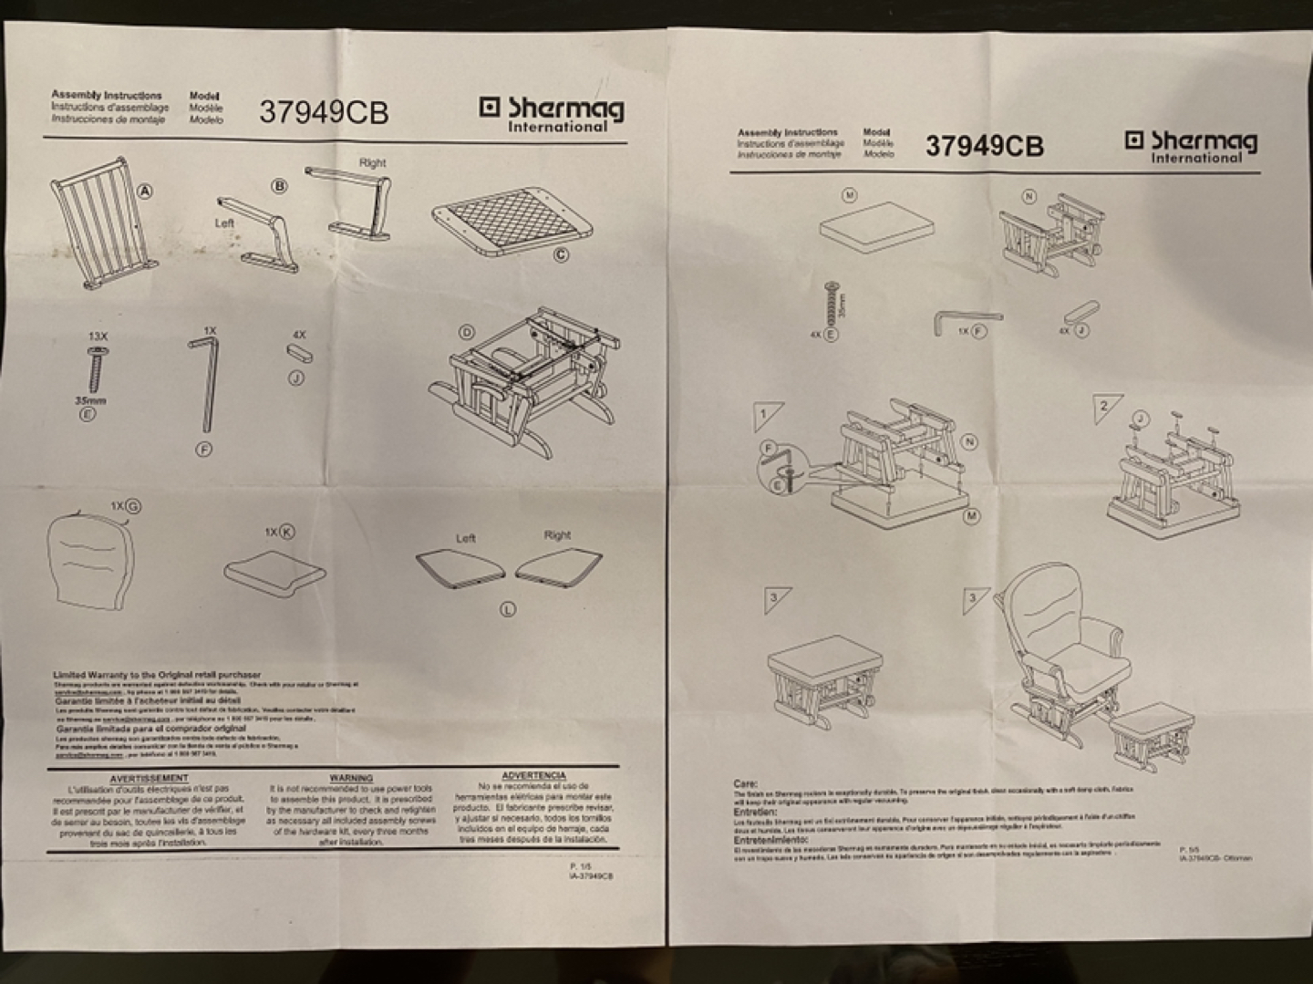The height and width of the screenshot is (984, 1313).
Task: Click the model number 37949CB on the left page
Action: click(x=324, y=112)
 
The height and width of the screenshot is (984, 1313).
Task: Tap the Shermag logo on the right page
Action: click(x=1191, y=145)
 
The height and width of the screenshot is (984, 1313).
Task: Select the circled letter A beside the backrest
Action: click(x=144, y=191)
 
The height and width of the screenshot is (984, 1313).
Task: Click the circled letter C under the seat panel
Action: click(x=561, y=254)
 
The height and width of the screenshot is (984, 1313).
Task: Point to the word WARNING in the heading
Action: click(x=350, y=778)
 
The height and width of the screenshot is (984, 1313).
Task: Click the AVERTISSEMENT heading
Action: click(x=149, y=779)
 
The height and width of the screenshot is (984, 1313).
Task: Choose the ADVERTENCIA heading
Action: click(x=533, y=775)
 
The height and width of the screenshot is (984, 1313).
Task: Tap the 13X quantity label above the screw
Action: click(x=97, y=337)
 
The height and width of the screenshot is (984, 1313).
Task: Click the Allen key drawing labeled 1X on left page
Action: click(x=205, y=383)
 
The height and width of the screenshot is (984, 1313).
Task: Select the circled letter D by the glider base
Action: click(x=467, y=332)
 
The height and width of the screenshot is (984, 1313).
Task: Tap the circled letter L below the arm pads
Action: click(x=508, y=609)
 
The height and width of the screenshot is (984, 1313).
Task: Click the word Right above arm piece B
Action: click(x=372, y=162)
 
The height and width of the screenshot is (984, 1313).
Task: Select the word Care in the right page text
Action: click(x=745, y=783)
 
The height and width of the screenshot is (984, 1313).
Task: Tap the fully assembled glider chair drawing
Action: click(x=1062, y=647)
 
